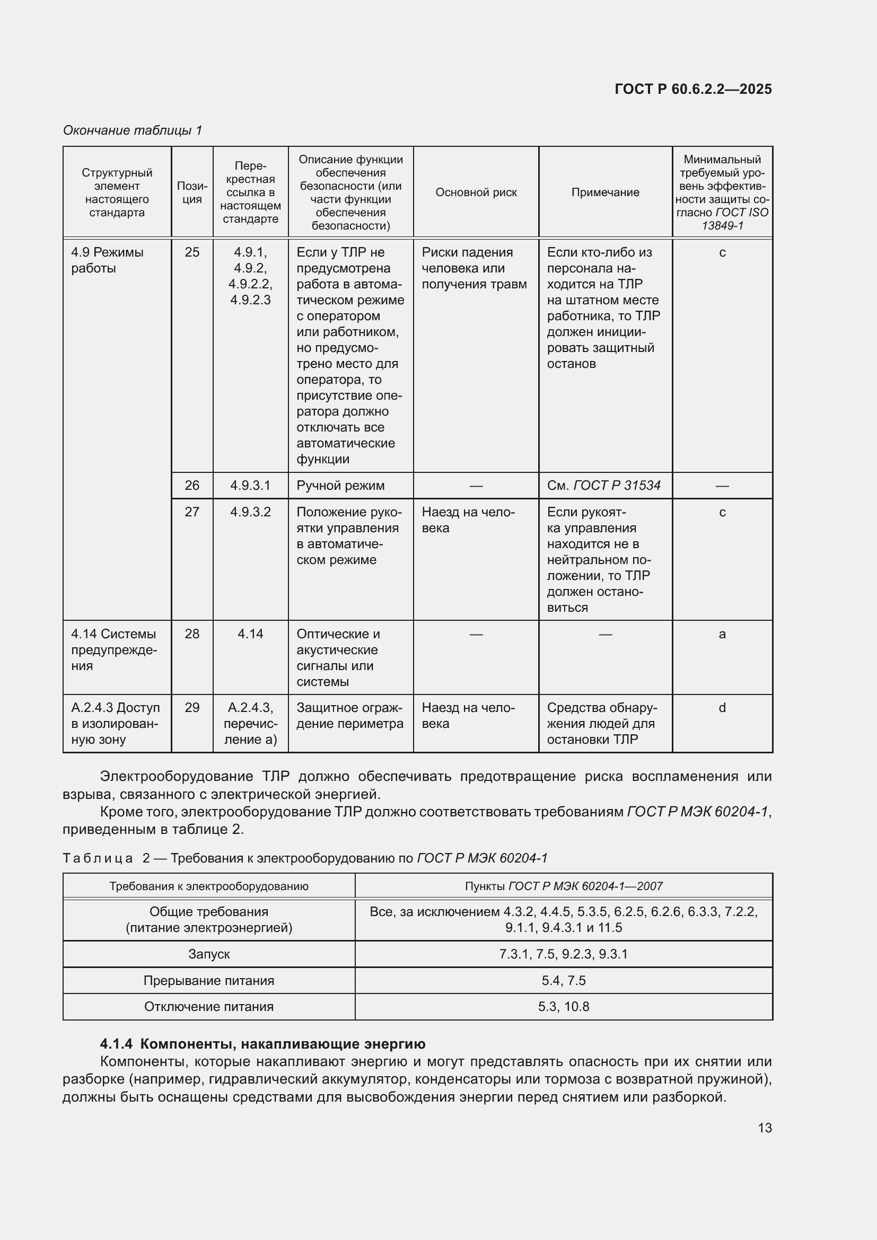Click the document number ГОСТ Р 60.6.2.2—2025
[693, 89]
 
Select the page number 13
[764, 1128]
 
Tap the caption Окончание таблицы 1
[133, 130]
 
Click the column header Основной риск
[476, 192]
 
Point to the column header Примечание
[605, 192]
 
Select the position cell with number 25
[192, 252]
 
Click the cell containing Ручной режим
[340, 486]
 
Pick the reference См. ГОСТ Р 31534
[603, 486]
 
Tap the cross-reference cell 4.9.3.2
[250, 512]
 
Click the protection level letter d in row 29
[722, 708]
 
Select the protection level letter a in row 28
[722, 634]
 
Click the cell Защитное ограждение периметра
[349, 716]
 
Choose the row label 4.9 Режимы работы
[107, 260]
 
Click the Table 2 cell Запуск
[209, 954]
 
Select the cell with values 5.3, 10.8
[563, 1007]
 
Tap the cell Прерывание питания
[209, 981]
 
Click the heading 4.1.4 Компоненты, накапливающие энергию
[262, 1044]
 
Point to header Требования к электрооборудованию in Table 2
[209, 886]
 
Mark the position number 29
[192, 708]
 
